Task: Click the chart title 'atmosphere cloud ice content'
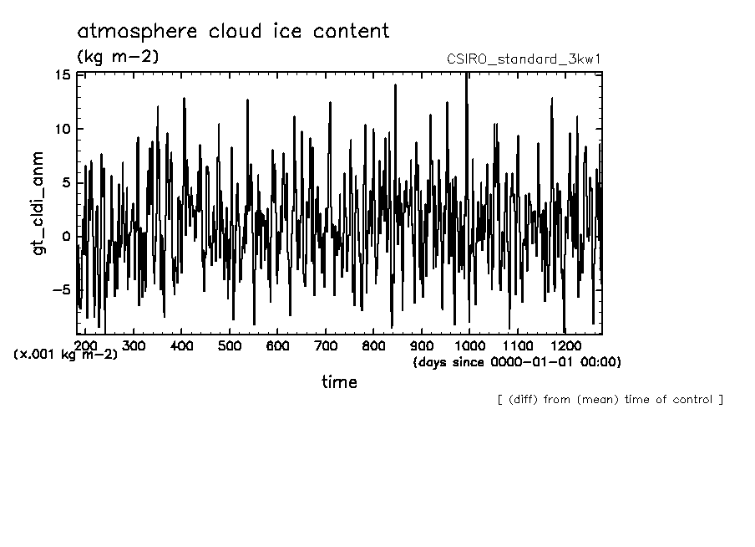[x=233, y=32]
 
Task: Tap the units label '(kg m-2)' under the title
[x=117, y=57]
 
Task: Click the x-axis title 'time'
[x=339, y=382]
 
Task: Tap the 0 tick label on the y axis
[x=67, y=237]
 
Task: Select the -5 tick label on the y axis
[x=61, y=290]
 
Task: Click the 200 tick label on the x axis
[x=84, y=345]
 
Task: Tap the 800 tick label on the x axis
[x=374, y=345]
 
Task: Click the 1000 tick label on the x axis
[x=470, y=345]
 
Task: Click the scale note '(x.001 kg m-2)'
[x=66, y=355]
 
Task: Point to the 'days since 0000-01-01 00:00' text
[x=517, y=362]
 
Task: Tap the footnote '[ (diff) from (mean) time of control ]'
[x=610, y=400]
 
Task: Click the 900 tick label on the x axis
[x=423, y=345]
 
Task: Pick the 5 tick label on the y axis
[x=67, y=183]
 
